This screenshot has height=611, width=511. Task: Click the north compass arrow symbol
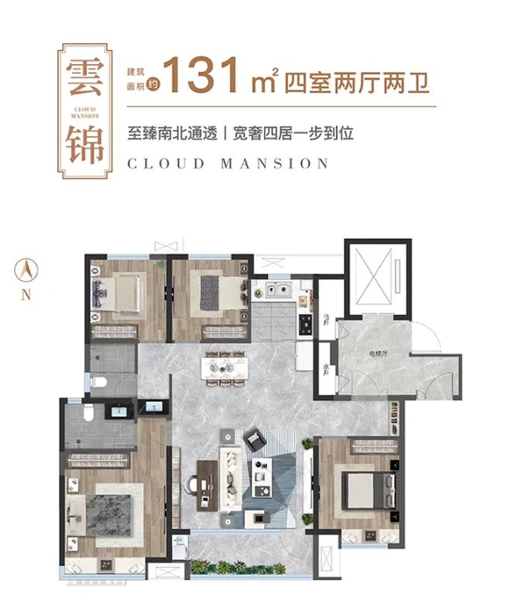26,270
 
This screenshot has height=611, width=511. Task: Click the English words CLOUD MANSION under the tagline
228,163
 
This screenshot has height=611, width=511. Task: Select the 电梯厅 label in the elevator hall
377,353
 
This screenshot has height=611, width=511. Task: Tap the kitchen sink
277,292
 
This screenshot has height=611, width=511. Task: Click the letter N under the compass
26,294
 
